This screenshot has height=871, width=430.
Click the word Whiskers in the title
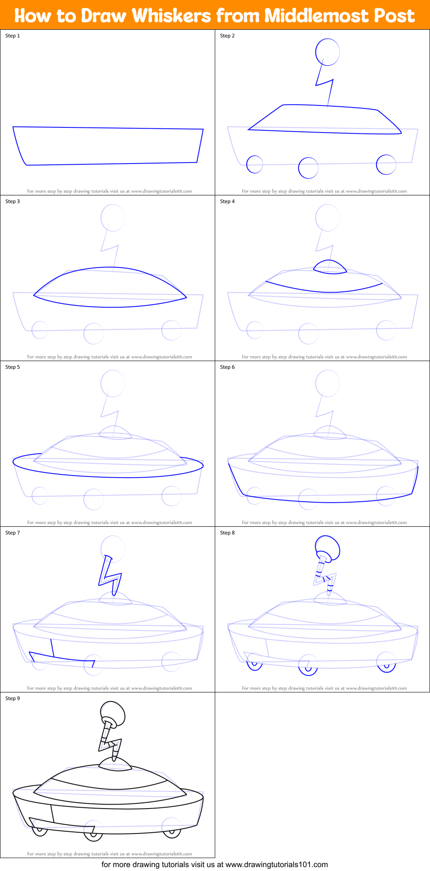pyautogui.click(x=171, y=16)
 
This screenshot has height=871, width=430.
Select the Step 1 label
pyautogui.click(x=12, y=36)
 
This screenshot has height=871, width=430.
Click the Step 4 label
pyautogui.click(x=227, y=201)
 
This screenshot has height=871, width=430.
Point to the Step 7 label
pyautogui.click(x=12, y=533)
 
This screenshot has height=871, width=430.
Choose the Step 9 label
pyautogui.click(x=12, y=698)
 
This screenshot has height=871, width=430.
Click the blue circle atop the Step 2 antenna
pyautogui.click(x=328, y=52)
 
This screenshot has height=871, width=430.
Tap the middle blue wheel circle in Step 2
pyautogui.click(x=308, y=168)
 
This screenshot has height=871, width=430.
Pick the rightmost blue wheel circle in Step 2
pyautogui.click(x=386, y=164)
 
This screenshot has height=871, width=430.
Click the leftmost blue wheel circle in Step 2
pyautogui.click(x=254, y=164)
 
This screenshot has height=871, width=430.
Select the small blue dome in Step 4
pyautogui.click(x=330, y=267)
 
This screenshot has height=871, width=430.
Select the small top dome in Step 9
pyautogui.click(x=115, y=763)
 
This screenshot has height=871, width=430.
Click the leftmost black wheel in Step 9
pyautogui.click(x=40, y=831)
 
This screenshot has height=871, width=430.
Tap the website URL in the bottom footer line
pyautogui.click(x=277, y=864)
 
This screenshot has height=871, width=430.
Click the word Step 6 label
pyautogui.click(x=227, y=367)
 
